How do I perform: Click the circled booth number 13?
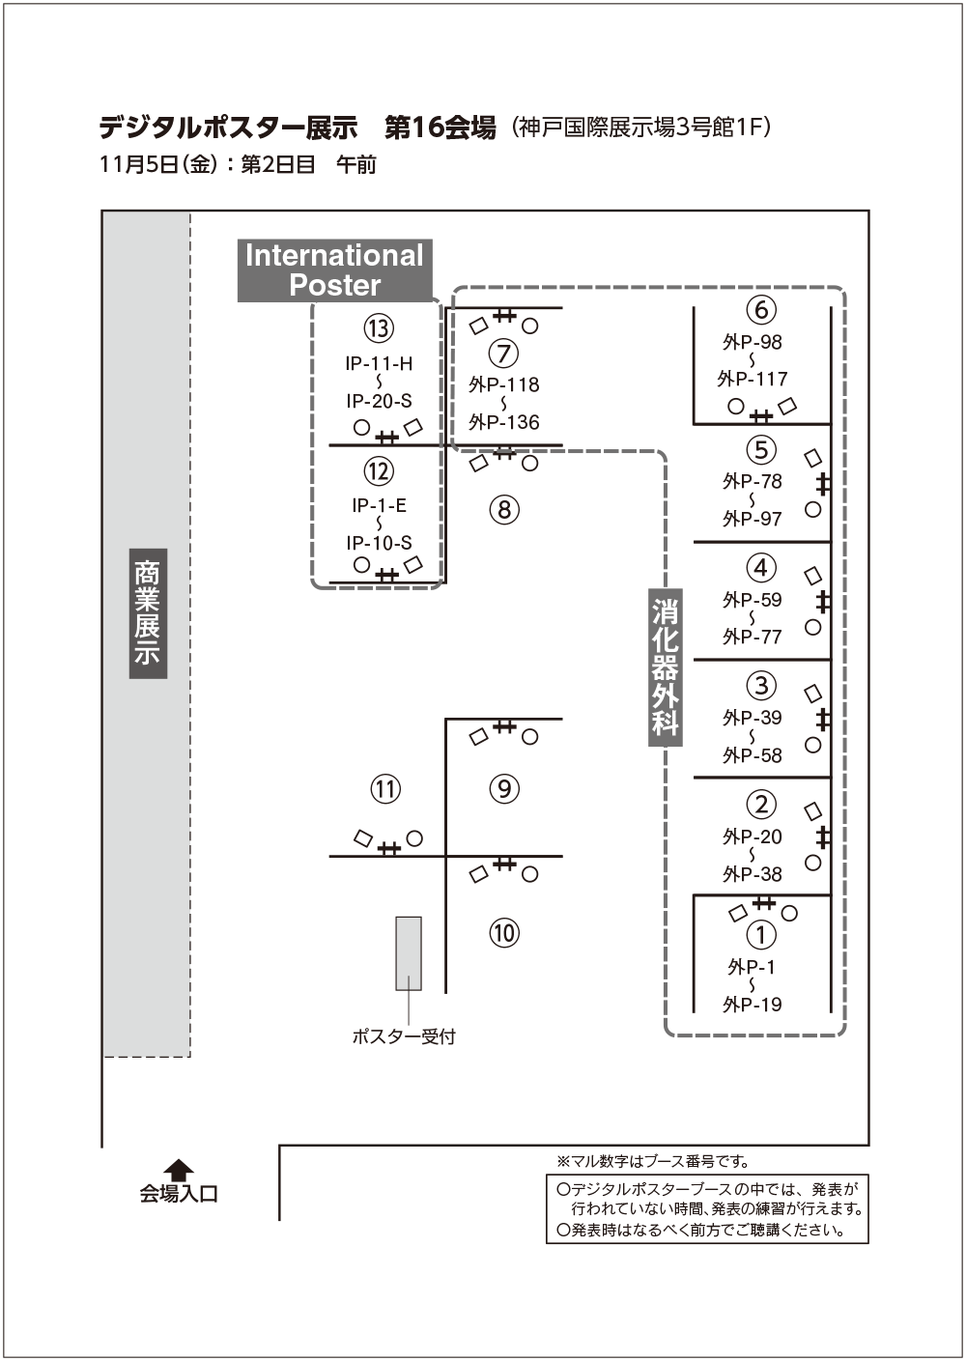379,328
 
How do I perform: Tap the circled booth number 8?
504,509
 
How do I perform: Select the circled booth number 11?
385,789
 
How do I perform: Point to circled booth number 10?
504,933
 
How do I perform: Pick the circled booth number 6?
761,309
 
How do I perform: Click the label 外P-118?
503,384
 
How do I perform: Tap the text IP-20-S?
379,401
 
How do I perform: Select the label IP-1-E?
379,505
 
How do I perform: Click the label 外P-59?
753,600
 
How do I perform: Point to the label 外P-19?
753,1005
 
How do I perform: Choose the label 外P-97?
753,519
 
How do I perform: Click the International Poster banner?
335,270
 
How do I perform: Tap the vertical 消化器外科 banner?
666,667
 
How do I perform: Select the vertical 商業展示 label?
148,613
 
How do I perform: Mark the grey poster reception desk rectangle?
409,953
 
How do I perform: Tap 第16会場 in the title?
440,128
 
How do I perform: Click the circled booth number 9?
504,788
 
